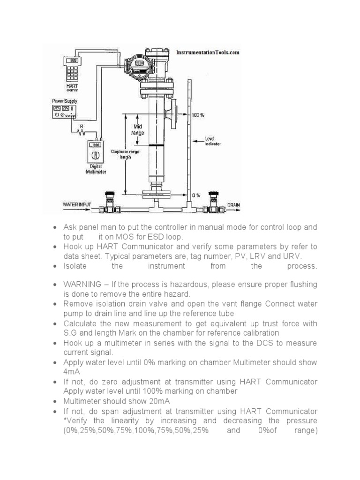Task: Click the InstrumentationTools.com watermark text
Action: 208,52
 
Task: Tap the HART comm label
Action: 72,88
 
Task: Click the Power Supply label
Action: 65,101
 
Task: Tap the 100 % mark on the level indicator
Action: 198,115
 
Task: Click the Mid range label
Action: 137,130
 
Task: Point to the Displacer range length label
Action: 125,154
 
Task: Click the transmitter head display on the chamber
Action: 140,64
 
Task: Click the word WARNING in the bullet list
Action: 82,285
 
